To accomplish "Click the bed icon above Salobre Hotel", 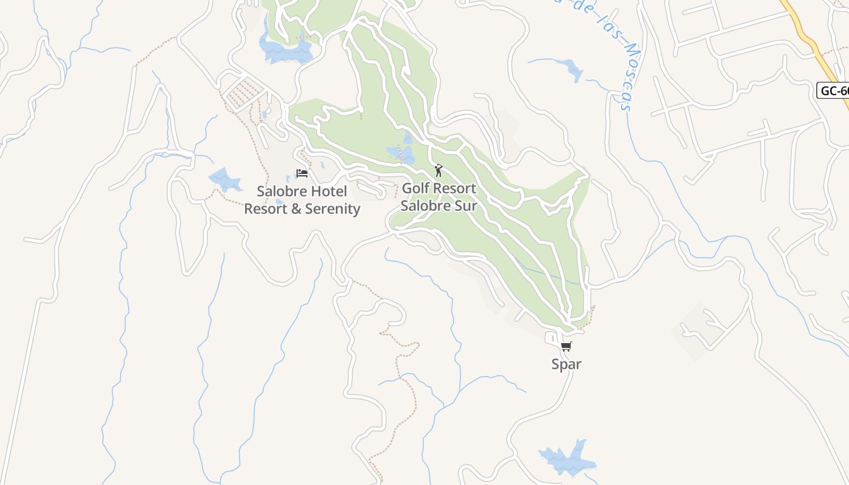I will (302, 173).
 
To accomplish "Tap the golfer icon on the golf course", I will (438, 170).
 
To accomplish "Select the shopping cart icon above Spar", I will (566, 347).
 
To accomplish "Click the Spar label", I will (566, 364).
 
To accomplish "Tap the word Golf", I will (416, 189).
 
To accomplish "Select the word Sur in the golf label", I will (466, 206).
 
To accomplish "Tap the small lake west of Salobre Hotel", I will (224, 180).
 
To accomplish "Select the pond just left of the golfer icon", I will (401, 153).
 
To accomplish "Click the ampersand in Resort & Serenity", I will (296, 209).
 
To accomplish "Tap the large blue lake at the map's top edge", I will (285, 50).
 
